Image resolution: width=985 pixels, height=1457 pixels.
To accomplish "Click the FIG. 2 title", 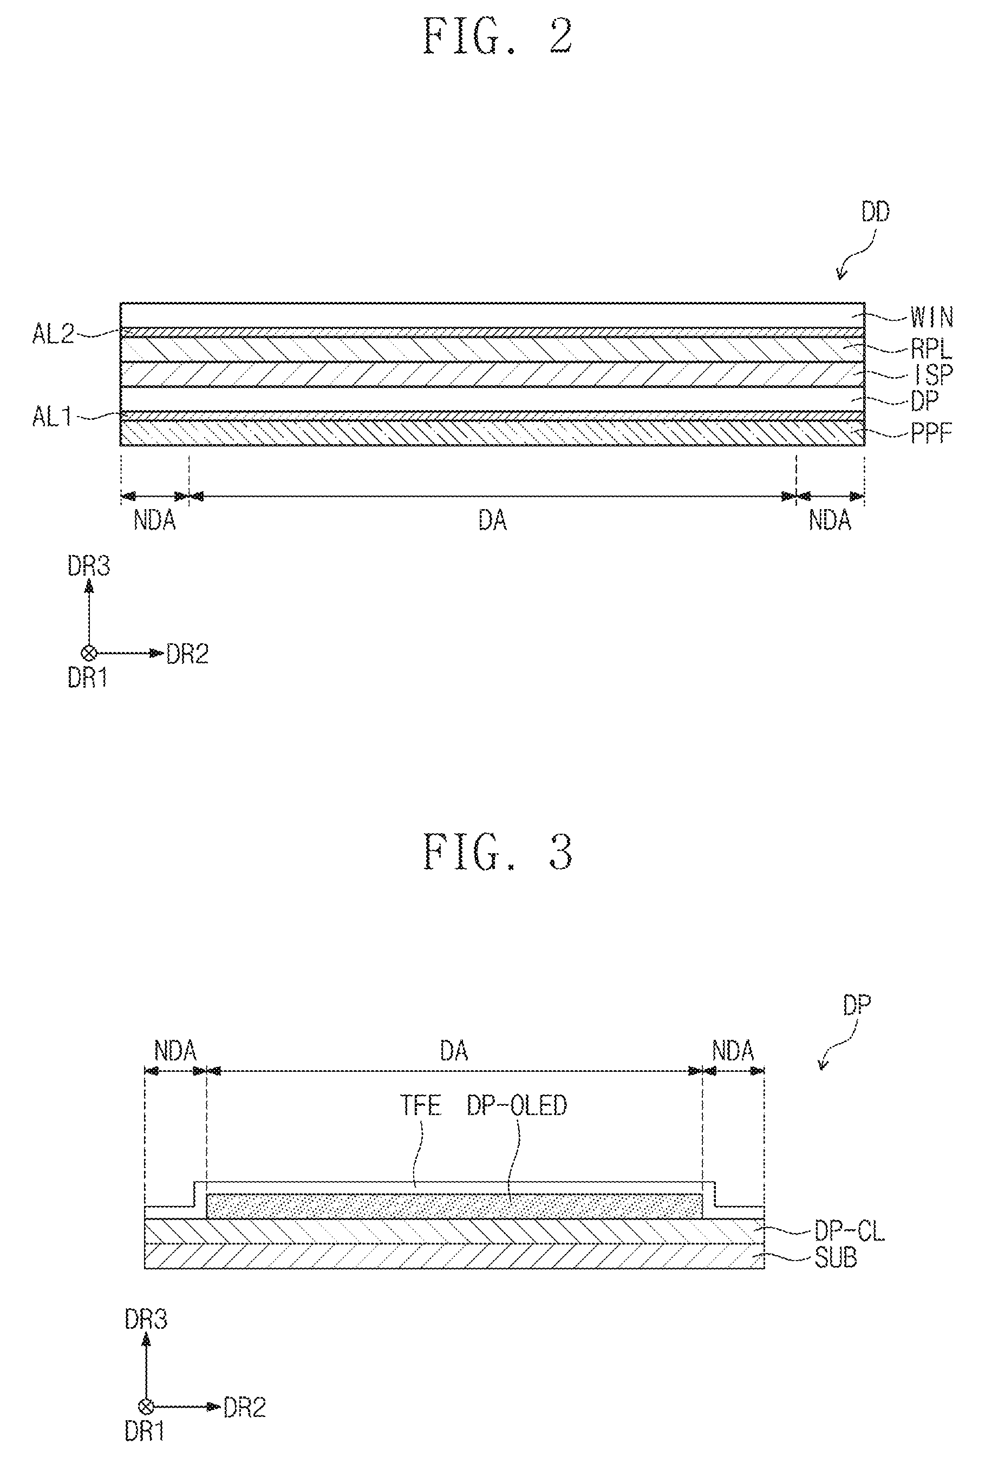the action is click(498, 36).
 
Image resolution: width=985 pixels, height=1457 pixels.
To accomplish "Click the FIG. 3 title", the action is click(498, 852).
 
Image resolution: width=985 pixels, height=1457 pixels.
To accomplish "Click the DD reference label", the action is click(875, 213).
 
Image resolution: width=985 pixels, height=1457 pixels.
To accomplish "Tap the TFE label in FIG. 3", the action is click(420, 1105).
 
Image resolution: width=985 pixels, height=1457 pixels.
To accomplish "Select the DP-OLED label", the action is click(517, 1105).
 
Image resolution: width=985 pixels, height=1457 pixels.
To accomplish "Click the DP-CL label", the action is click(850, 1231).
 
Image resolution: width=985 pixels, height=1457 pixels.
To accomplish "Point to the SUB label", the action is click(836, 1257).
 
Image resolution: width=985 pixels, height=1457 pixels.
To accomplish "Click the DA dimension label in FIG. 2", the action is click(493, 520).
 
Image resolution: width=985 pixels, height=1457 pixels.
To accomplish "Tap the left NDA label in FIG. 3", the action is click(175, 1050).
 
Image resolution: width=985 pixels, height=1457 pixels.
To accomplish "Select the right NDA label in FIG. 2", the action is click(830, 520).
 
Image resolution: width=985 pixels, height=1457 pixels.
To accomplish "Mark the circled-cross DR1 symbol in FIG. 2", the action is click(89, 653).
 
